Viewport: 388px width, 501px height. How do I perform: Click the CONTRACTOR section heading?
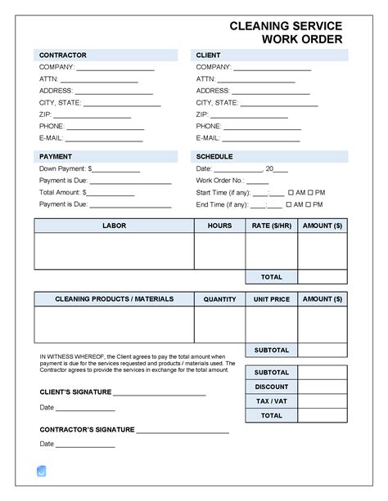click(x=63, y=55)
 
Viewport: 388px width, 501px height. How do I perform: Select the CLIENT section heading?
click(x=209, y=55)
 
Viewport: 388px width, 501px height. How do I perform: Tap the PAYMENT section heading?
click(x=56, y=155)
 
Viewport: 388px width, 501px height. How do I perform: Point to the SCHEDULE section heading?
click(x=214, y=155)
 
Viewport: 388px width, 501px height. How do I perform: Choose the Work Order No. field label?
click(x=220, y=180)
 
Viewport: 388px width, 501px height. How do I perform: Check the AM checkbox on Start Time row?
click(x=291, y=192)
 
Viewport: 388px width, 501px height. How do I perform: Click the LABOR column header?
click(x=114, y=225)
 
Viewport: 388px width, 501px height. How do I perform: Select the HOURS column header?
click(x=219, y=225)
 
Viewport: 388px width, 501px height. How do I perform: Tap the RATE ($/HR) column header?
click(x=271, y=225)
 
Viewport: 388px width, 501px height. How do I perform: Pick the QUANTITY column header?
click(x=219, y=299)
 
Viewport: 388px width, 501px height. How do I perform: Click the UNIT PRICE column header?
click(x=271, y=299)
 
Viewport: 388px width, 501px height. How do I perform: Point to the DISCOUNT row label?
click(x=271, y=387)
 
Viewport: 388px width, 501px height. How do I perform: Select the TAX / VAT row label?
click(x=271, y=401)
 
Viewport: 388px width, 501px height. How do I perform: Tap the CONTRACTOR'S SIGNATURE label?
click(x=87, y=429)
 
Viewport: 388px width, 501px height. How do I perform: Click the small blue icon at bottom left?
click(x=42, y=471)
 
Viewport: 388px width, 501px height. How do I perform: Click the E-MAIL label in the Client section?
click(x=209, y=138)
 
